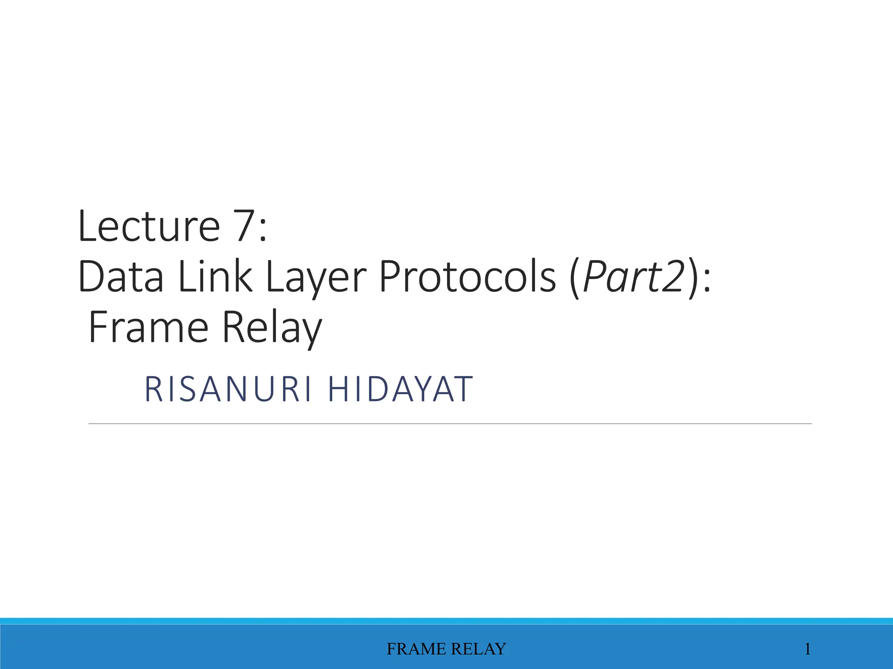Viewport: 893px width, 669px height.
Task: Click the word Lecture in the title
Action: [148, 226]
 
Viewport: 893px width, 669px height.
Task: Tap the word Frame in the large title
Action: [148, 328]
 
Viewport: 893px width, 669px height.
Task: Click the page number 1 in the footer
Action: [808, 649]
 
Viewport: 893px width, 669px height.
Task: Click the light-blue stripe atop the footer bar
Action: [446, 621]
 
